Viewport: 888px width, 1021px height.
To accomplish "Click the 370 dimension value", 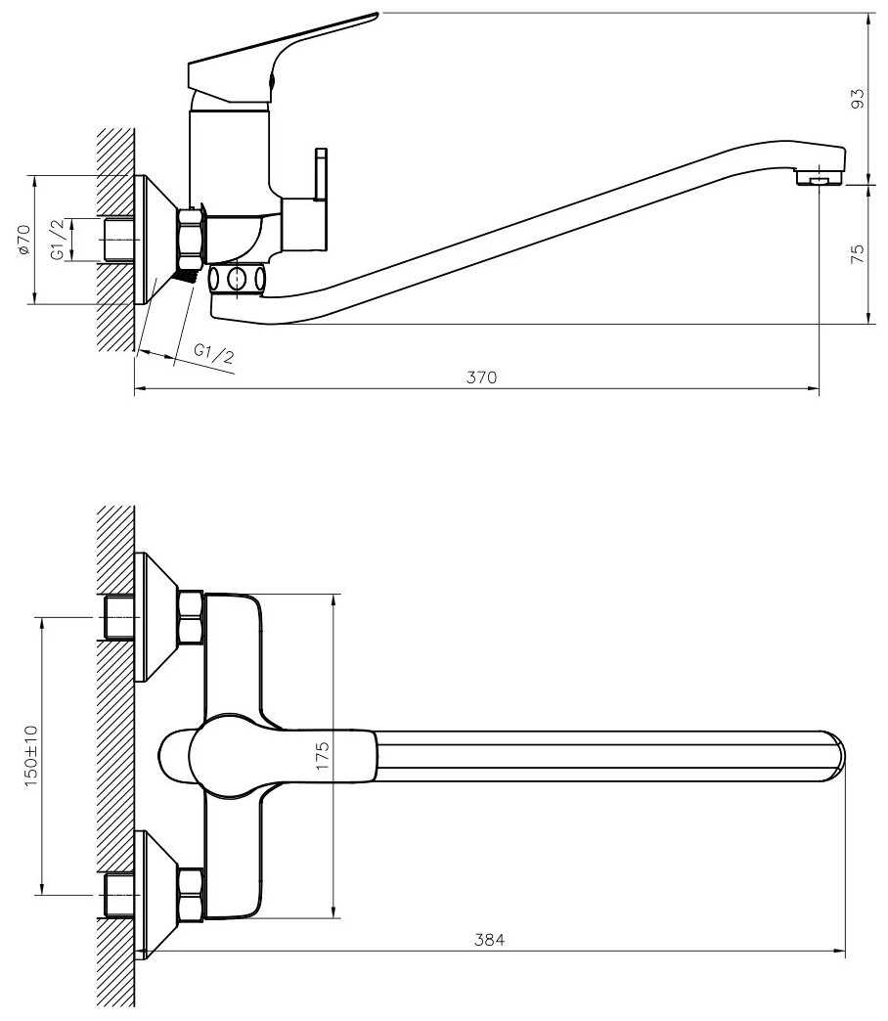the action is pos(481,377).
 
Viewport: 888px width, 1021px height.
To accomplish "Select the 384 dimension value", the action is pos(489,940).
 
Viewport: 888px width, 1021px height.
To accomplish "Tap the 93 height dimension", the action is pos(859,99).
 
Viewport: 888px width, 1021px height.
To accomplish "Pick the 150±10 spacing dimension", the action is pos(32,755).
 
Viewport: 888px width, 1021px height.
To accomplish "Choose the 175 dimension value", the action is pos(323,755).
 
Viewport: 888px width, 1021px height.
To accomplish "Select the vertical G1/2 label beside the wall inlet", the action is pos(59,240).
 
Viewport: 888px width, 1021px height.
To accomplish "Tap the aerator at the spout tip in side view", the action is pos(820,177).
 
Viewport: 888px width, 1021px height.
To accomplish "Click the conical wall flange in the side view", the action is pos(155,240).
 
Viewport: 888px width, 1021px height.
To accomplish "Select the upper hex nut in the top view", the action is pos(190,617).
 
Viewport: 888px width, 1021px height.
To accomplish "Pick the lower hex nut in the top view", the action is pos(190,894).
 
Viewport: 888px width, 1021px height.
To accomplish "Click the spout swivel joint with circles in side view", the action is pos(237,279).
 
